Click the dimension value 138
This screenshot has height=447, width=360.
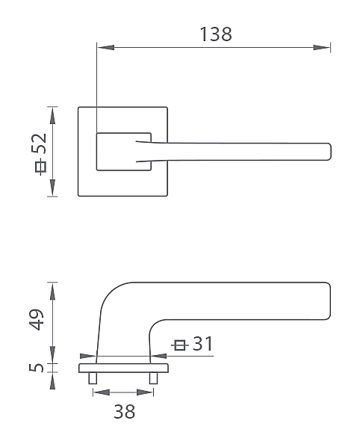coord(216,34)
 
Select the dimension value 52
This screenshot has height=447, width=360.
coord(38,144)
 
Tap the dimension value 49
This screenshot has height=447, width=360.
coord(37,319)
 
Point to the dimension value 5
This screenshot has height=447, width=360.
coord(37,367)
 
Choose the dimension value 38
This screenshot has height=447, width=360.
coord(125,412)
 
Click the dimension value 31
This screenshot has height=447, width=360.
coord(202,344)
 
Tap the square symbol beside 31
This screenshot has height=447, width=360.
coord(180,345)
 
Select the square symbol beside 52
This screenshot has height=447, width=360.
coord(41,167)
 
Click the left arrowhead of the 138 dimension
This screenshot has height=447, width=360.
coord(105,47)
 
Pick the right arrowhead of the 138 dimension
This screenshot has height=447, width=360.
coord(322,47)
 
